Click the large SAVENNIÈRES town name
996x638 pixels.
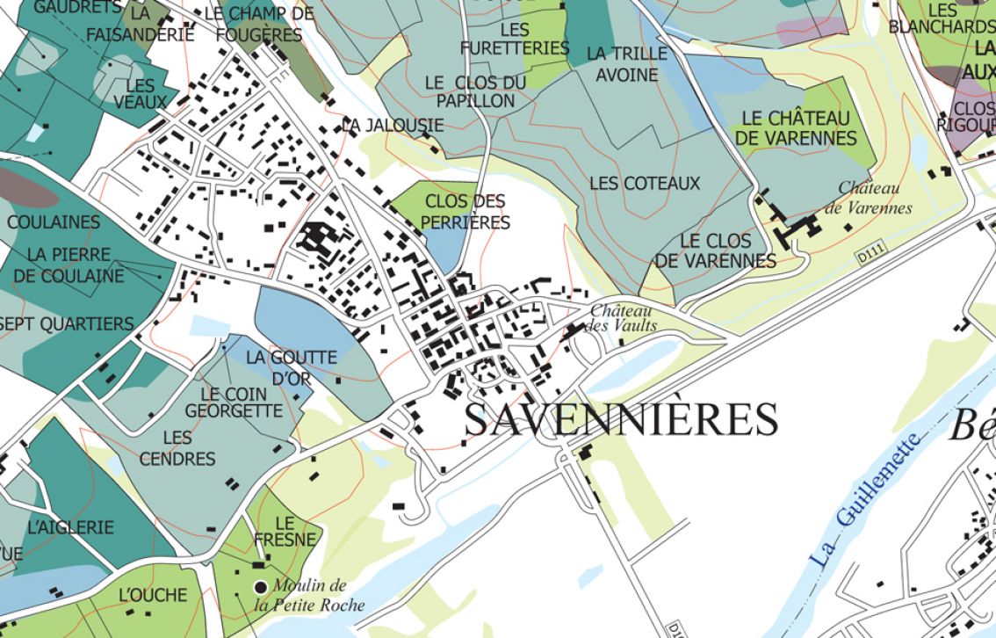pos(621,419)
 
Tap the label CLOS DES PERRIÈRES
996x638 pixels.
pos(465,212)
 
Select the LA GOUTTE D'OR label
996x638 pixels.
pos(291,367)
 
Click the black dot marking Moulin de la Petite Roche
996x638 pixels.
pos(261,586)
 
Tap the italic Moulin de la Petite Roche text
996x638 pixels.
pos(309,596)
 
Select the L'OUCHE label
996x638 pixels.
pos(153,595)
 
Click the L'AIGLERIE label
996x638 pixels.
pos(70,527)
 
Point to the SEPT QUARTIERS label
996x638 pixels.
pos(67,324)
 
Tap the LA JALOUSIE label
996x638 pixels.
pos(393,126)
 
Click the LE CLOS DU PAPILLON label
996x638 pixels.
pos(475,91)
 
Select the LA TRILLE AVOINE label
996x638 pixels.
pos(626,64)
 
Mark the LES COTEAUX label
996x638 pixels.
pos(645,183)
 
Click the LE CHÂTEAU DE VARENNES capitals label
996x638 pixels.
pos(796,127)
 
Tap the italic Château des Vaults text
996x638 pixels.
pos(623,318)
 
